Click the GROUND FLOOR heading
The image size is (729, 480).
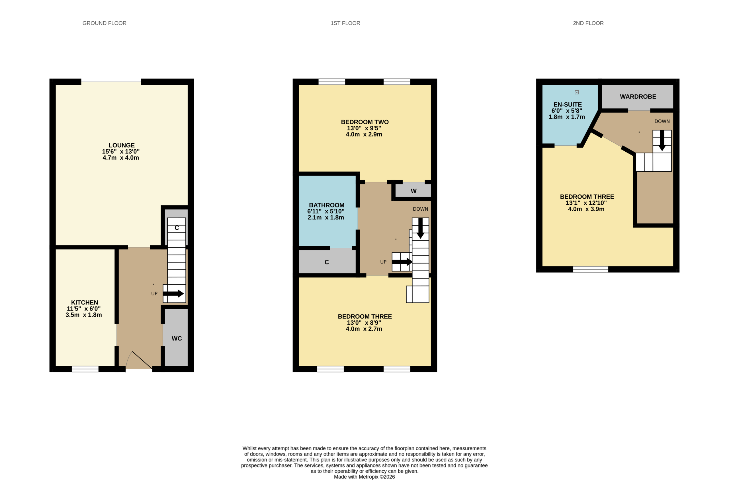tap(104, 23)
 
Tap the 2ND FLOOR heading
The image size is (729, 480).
tap(588, 23)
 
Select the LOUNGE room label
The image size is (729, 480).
tap(121, 145)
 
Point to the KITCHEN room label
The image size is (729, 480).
tap(85, 302)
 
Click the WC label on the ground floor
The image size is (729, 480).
tap(177, 338)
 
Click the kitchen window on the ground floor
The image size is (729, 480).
tap(85, 369)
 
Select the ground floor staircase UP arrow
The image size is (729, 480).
tap(173, 294)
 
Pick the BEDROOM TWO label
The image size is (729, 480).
tap(364, 122)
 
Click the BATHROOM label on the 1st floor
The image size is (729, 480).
tap(327, 205)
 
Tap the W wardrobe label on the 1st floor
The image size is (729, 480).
tap(413, 191)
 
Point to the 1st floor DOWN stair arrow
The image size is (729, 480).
tap(421, 228)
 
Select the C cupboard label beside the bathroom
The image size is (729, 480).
tap(327, 262)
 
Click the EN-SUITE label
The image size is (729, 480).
tap(568, 105)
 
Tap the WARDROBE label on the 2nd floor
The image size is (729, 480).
tap(638, 97)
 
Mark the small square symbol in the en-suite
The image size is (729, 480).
tap(577, 92)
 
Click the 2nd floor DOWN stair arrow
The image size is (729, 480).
tap(662, 141)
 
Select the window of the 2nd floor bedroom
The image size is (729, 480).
tap(591, 269)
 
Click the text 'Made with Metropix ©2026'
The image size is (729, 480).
tap(364, 477)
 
